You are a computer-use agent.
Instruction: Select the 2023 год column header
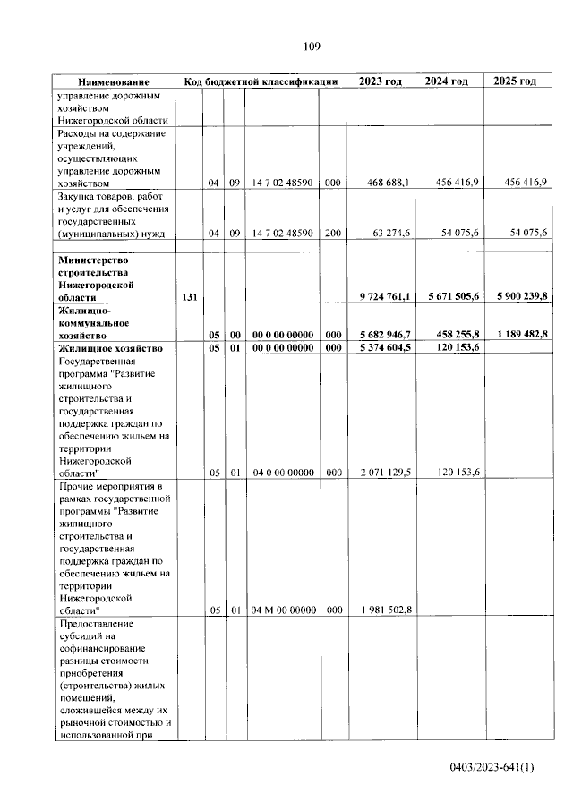[x=381, y=81]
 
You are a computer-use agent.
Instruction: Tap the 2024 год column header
[x=447, y=81]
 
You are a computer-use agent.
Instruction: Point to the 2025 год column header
[x=515, y=81]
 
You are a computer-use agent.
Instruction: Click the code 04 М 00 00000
[x=284, y=610]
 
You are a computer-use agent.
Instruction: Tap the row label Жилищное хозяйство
[x=109, y=347]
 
